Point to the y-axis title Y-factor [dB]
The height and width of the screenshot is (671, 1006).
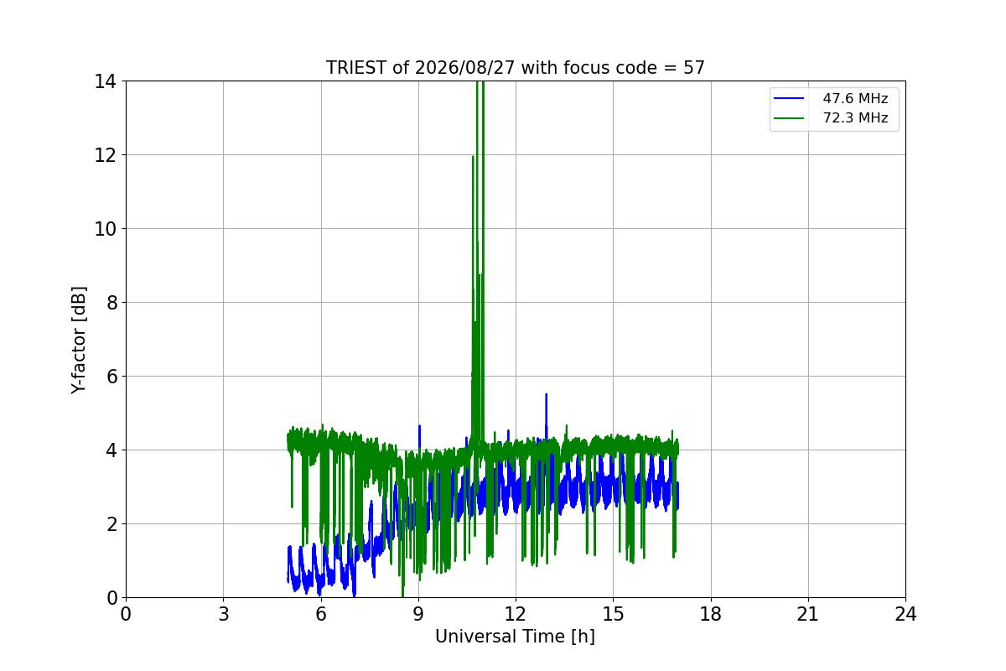[x=79, y=341]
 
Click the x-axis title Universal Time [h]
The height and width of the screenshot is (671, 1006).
[x=515, y=637]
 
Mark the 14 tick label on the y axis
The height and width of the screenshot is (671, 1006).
[x=105, y=82]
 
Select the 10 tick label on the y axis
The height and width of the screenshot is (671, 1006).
[x=105, y=229]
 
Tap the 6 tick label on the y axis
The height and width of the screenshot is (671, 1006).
[x=111, y=377]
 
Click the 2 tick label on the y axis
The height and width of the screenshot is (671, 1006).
[x=111, y=524]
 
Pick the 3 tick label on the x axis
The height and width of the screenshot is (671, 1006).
[x=224, y=614]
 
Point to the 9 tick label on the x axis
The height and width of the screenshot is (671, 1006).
[x=418, y=614]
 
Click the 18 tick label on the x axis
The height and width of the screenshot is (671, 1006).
[x=711, y=614]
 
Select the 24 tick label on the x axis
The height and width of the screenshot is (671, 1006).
[x=906, y=614]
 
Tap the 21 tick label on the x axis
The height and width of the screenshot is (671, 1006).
[x=808, y=614]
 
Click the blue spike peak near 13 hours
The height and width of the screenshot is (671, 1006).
[x=546, y=394]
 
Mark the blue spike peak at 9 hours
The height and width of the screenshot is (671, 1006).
[x=419, y=425]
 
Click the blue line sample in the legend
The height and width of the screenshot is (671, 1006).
[x=789, y=98]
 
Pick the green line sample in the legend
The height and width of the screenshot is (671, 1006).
[x=789, y=118]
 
